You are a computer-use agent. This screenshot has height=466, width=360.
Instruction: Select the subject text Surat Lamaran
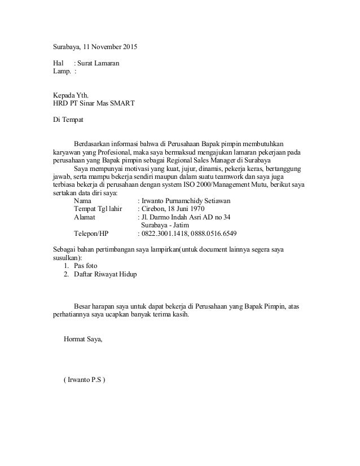(x=98, y=63)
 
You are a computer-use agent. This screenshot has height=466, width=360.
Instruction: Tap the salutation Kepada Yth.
(x=67, y=95)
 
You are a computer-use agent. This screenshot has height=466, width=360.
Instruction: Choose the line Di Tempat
(x=67, y=120)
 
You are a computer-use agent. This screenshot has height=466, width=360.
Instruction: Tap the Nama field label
(x=82, y=201)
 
